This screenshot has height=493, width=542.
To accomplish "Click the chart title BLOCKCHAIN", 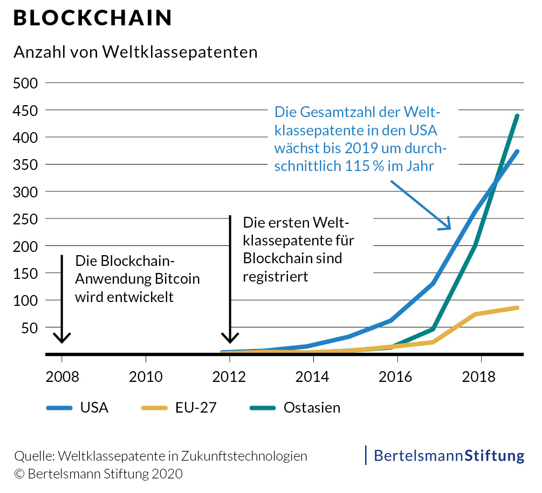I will pyautogui.click(x=92, y=18).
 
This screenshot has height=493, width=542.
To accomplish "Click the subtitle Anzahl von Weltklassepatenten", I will pyautogui.click(x=135, y=52).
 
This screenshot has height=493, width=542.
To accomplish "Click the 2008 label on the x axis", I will pyautogui.click(x=62, y=376).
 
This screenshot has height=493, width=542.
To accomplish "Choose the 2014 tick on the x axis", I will pyautogui.click(x=313, y=376).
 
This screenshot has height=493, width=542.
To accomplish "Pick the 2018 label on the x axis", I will pyautogui.click(x=479, y=376).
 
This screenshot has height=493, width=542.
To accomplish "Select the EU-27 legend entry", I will pyautogui.click(x=179, y=407).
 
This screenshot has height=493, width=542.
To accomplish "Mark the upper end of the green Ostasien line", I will pyautogui.click(x=517, y=115).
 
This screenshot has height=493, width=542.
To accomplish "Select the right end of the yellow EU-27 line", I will pyautogui.click(x=518, y=307).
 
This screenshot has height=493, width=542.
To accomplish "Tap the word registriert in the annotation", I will pyautogui.click(x=275, y=277).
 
